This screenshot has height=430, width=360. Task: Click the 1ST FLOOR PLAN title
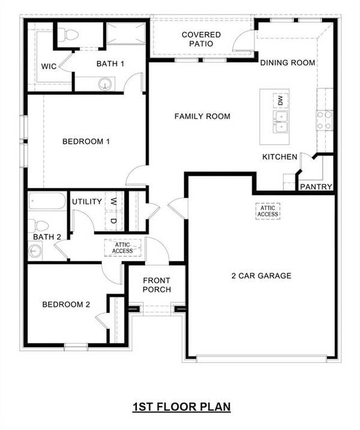[181, 407]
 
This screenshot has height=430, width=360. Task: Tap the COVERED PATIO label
[201, 39]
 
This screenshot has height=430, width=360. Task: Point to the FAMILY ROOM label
[202, 116]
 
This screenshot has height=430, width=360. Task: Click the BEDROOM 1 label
[86, 142]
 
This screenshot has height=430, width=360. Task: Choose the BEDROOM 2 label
[66, 305]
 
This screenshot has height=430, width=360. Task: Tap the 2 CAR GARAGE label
[262, 276]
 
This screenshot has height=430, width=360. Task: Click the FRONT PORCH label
[157, 285]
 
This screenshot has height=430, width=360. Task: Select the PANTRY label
[316, 187]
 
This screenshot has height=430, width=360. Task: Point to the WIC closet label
[49, 67]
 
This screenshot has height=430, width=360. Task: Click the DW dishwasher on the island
[279, 100]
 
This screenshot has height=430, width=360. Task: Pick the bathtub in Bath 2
[47, 200]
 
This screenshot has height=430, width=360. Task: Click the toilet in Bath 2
[40, 226]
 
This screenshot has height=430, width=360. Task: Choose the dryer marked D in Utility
[113, 221]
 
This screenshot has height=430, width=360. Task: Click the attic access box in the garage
[268, 211]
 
